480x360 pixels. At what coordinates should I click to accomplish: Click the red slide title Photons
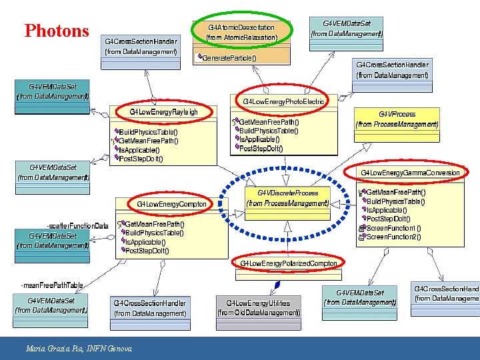(57, 31)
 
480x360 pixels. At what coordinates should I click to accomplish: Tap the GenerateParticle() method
(229, 58)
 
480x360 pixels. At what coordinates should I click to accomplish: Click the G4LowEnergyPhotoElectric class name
(284, 101)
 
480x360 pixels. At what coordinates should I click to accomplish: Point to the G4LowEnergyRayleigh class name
(163, 111)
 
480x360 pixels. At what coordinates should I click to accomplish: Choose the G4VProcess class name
(397, 114)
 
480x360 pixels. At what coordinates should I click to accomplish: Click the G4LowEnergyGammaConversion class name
(410, 173)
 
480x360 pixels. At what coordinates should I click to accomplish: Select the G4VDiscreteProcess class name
(288, 193)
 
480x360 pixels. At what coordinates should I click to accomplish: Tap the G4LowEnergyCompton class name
(172, 203)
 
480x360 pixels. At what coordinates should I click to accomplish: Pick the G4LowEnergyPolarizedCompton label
(290, 263)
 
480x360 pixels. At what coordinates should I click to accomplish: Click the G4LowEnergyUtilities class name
(259, 303)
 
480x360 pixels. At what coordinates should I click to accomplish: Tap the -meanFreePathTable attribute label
(53, 285)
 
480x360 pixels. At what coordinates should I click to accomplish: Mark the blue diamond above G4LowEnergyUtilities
(277, 285)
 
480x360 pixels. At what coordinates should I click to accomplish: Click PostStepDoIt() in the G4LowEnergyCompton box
(147, 251)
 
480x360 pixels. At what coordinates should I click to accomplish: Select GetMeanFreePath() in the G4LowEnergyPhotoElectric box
(269, 122)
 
